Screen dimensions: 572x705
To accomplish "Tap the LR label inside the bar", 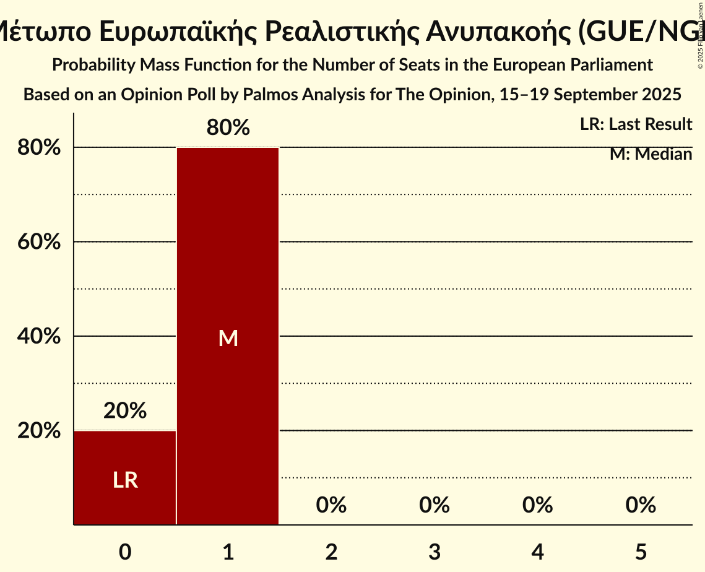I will pos(125,480).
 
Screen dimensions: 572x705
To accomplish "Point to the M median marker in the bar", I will pos(228,338).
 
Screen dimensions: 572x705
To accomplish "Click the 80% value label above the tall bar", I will pos(228,128).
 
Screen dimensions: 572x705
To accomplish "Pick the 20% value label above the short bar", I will pos(125,410).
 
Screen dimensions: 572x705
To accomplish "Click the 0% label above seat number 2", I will pos(331,505).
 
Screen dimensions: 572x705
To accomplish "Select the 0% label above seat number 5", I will pos(640,505).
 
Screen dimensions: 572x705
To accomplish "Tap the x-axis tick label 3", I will pos(434,552).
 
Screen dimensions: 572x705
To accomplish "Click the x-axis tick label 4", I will pos(537,552).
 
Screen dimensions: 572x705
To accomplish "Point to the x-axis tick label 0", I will pos(125,552).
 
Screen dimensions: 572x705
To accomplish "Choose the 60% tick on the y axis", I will pos(38,242).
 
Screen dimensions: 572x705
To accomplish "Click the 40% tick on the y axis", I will pos(38,336).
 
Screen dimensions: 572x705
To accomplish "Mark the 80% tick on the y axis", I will pos(38,148).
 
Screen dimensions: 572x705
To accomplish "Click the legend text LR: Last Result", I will pos(636,124).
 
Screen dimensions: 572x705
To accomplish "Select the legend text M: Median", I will pos(651,154).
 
